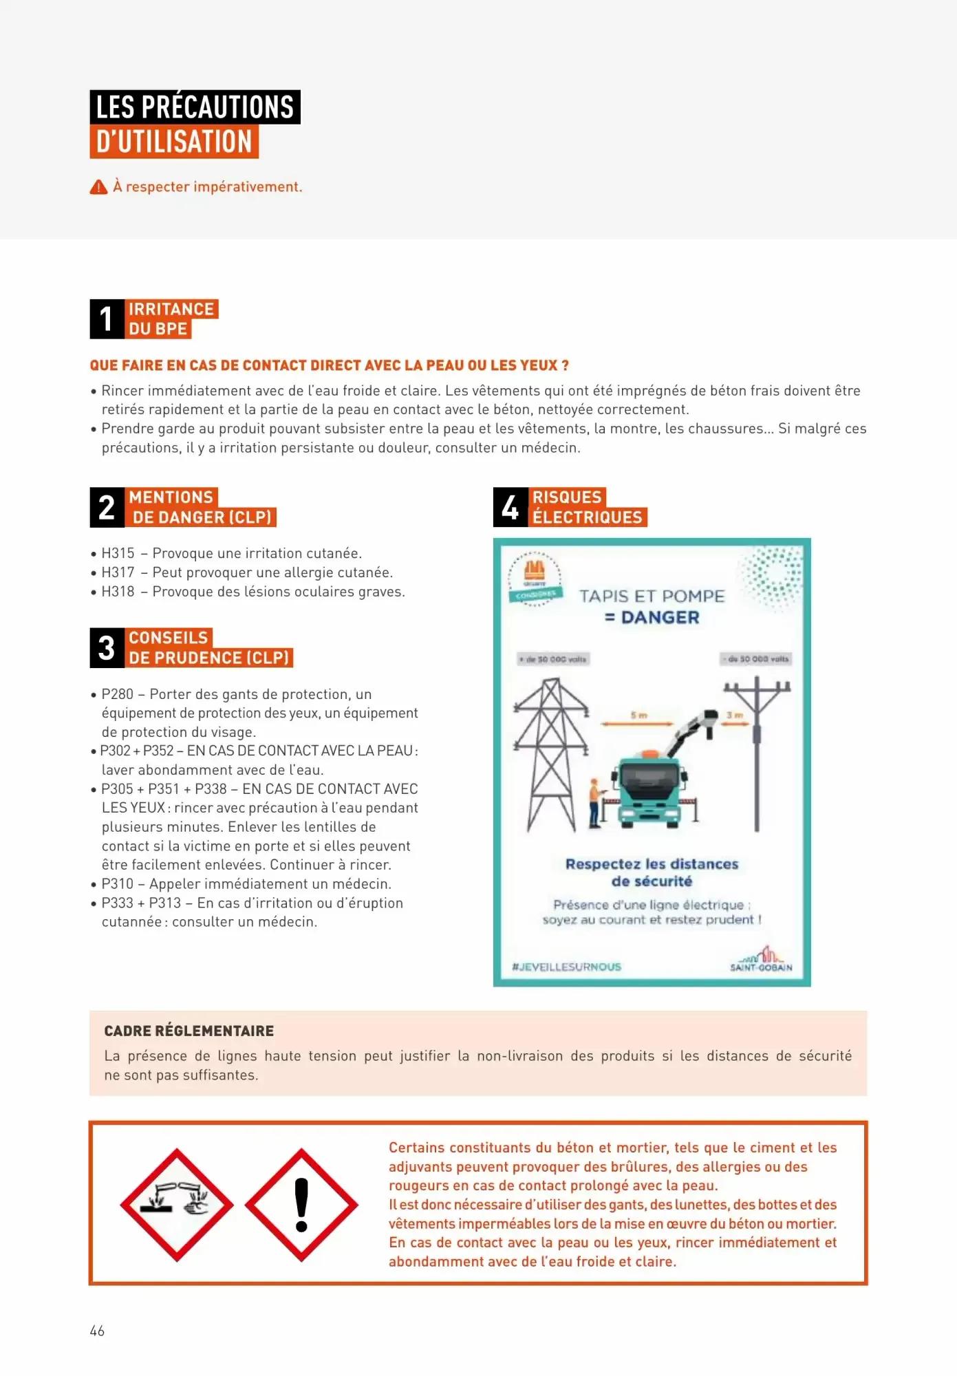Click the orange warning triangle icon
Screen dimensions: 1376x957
click(98, 187)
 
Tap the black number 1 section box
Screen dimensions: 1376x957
click(107, 319)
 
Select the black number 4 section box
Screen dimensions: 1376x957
click(510, 507)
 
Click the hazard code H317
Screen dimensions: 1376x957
click(118, 572)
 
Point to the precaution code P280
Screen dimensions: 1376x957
click(118, 694)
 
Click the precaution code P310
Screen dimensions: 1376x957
click(118, 884)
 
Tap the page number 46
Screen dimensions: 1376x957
click(97, 1331)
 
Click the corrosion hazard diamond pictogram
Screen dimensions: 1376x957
click(177, 1205)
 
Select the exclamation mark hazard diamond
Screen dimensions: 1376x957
click(301, 1205)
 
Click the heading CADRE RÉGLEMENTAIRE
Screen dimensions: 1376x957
click(189, 1031)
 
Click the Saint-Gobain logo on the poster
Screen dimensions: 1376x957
click(762, 959)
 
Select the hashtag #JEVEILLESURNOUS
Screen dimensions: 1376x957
click(566, 967)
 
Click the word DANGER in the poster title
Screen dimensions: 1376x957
click(660, 618)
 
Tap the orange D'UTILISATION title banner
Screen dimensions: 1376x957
click(174, 142)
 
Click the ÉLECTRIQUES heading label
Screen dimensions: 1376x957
click(588, 517)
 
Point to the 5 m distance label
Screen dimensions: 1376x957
click(638, 716)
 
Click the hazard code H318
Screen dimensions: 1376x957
click(118, 592)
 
